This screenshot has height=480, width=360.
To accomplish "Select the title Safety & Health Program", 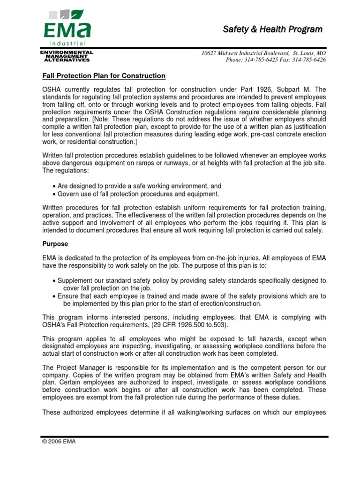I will [272, 30].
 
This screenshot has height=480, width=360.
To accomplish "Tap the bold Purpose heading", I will [55, 244].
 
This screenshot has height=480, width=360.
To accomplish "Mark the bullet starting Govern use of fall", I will [137, 194].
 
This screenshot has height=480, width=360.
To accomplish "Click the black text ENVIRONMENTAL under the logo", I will [67, 52].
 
